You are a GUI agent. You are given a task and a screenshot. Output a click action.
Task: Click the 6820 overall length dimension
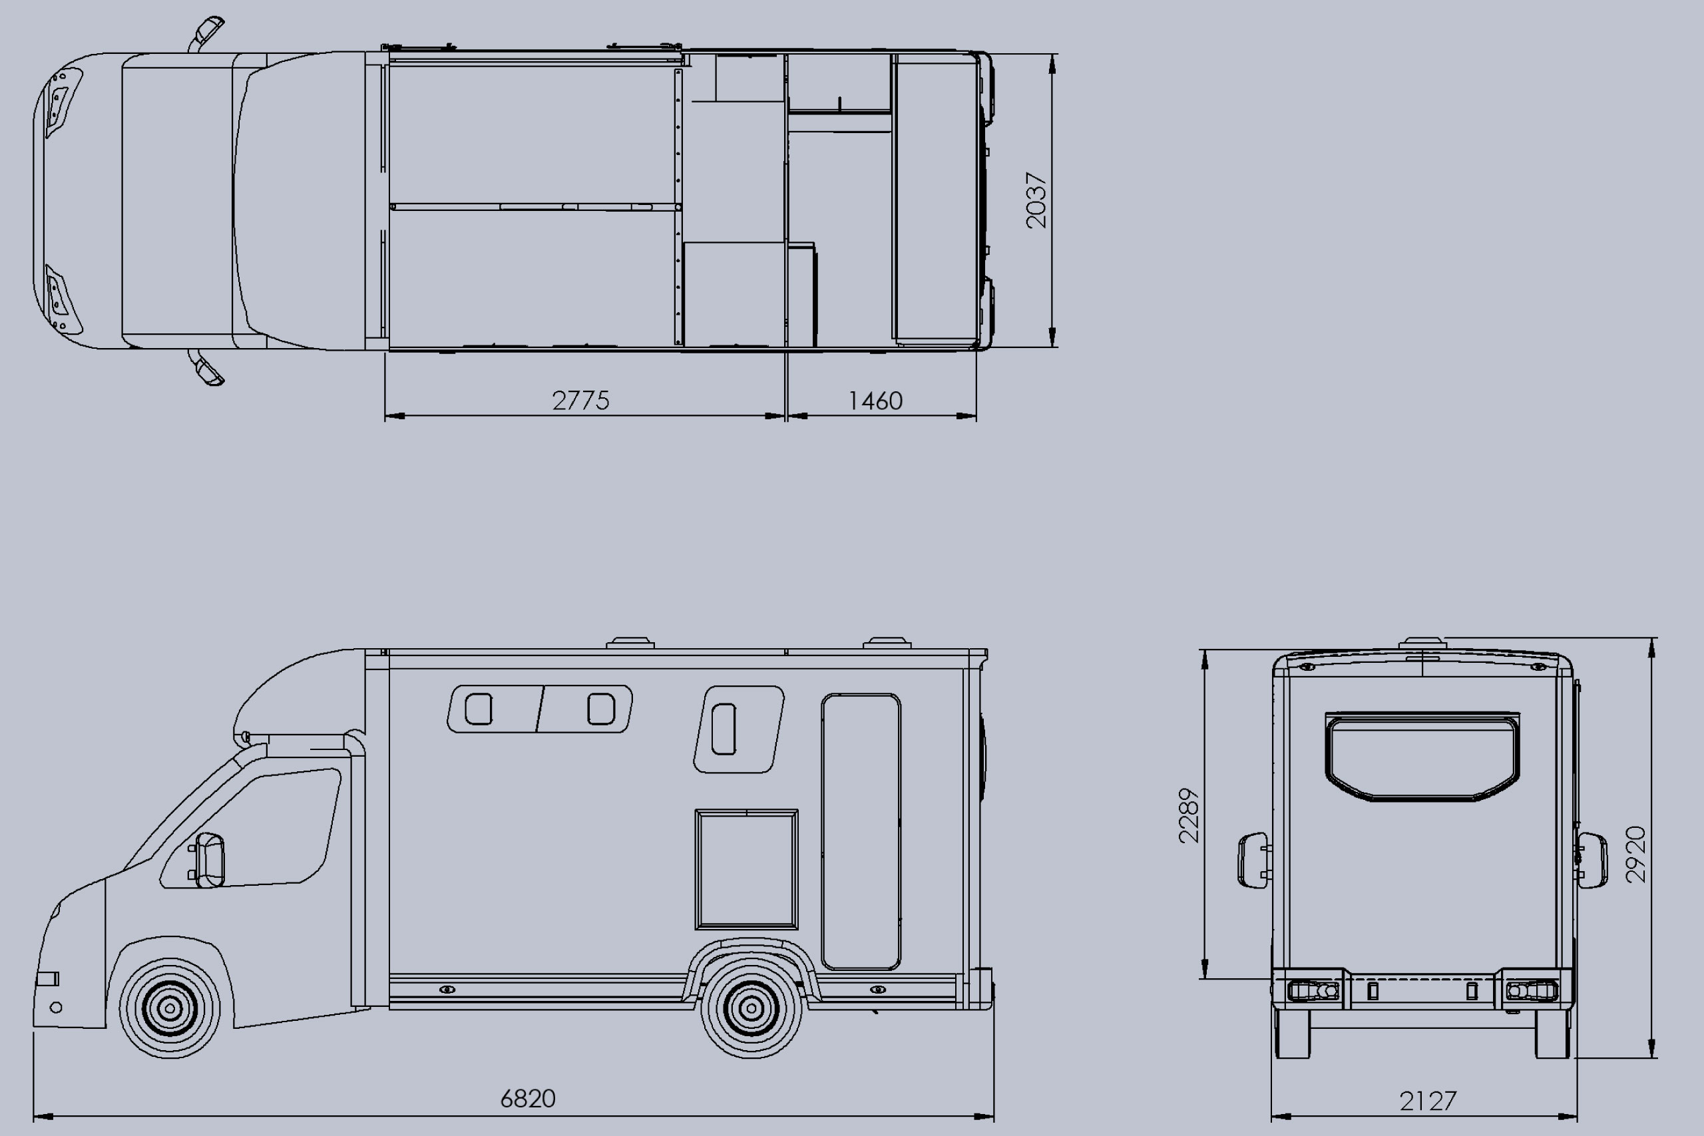pos(527,1098)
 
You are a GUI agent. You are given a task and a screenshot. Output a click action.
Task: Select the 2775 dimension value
pos(580,401)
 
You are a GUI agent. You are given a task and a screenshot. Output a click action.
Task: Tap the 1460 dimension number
pos(875,401)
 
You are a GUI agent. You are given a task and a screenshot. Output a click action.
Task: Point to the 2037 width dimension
pos(1036,201)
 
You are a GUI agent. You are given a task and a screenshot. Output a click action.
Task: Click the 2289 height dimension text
pos(1189,816)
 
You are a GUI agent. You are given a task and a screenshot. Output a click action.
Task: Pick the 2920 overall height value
pos(1636,854)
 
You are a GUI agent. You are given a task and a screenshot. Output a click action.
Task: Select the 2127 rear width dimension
pos(1428,1101)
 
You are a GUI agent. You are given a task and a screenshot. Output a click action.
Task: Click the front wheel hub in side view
pos(170,1007)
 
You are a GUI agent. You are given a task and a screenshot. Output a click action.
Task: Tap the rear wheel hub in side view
pos(751,1007)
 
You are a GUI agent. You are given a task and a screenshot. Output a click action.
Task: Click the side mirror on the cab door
pos(208,860)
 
